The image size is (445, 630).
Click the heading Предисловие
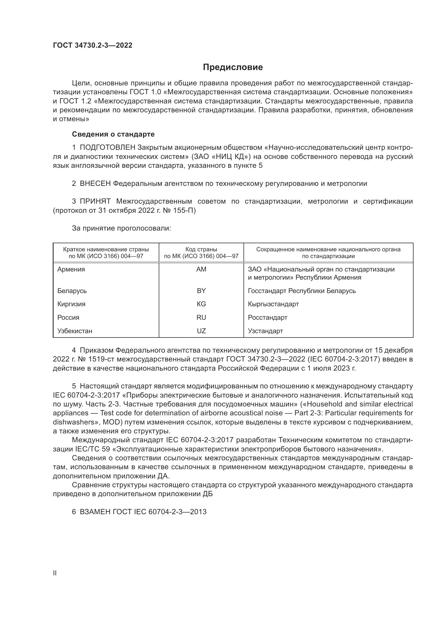[x=233, y=67]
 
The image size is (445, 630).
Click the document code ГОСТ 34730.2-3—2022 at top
[x=93, y=46]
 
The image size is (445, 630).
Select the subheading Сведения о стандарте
[x=113, y=134]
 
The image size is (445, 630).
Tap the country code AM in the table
[x=201, y=269]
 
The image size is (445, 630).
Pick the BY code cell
[x=201, y=291]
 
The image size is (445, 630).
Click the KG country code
[x=201, y=304]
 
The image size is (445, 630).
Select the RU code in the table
[x=201, y=318]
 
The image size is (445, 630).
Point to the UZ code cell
[x=201, y=331]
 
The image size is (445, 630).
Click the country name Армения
[x=71, y=269]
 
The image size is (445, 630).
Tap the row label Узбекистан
[x=75, y=331]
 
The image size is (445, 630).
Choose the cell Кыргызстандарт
[x=273, y=304]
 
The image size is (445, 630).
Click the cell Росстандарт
[x=267, y=318]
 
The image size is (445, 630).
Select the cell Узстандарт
[x=265, y=331]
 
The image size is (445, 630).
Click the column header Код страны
[x=201, y=249]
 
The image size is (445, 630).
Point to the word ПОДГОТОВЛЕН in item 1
[x=107, y=148]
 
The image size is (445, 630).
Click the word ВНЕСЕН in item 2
[x=95, y=184]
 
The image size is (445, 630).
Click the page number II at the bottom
[x=55, y=573]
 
